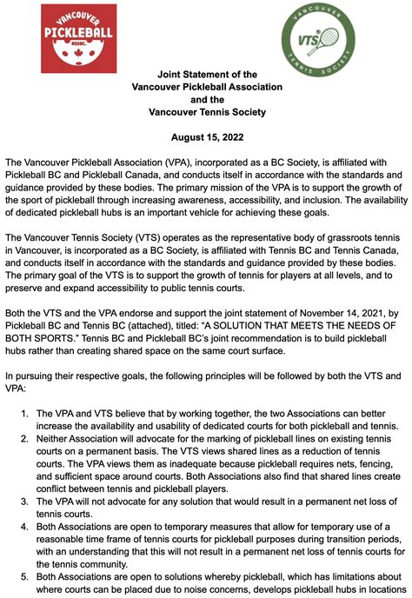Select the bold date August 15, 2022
pyautogui.click(x=206, y=136)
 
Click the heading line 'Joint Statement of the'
pyautogui.click(x=206, y=74)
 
